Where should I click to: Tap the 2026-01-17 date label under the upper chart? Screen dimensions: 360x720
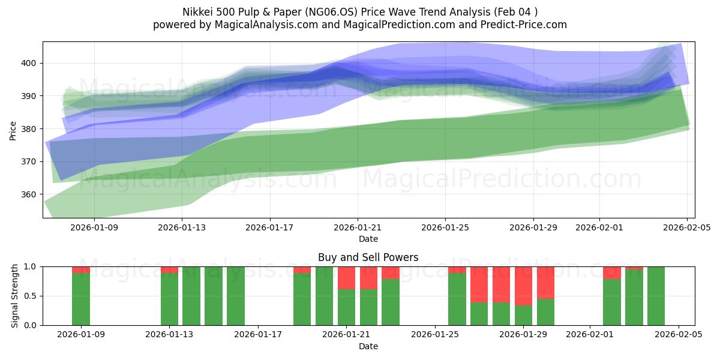point(269,228)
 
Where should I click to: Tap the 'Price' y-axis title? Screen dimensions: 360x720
point(13,130)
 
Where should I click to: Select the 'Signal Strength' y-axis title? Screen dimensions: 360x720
point(15,296)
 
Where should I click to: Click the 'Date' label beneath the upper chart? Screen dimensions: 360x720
point(368,239)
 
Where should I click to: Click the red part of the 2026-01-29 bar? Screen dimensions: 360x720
point(523,286)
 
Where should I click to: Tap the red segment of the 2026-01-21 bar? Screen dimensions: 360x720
point(347,278)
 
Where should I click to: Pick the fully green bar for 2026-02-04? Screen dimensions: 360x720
point(656,296)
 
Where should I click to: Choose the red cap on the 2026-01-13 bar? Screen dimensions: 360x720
point(169,269)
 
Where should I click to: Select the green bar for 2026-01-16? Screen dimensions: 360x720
point(236,296)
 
